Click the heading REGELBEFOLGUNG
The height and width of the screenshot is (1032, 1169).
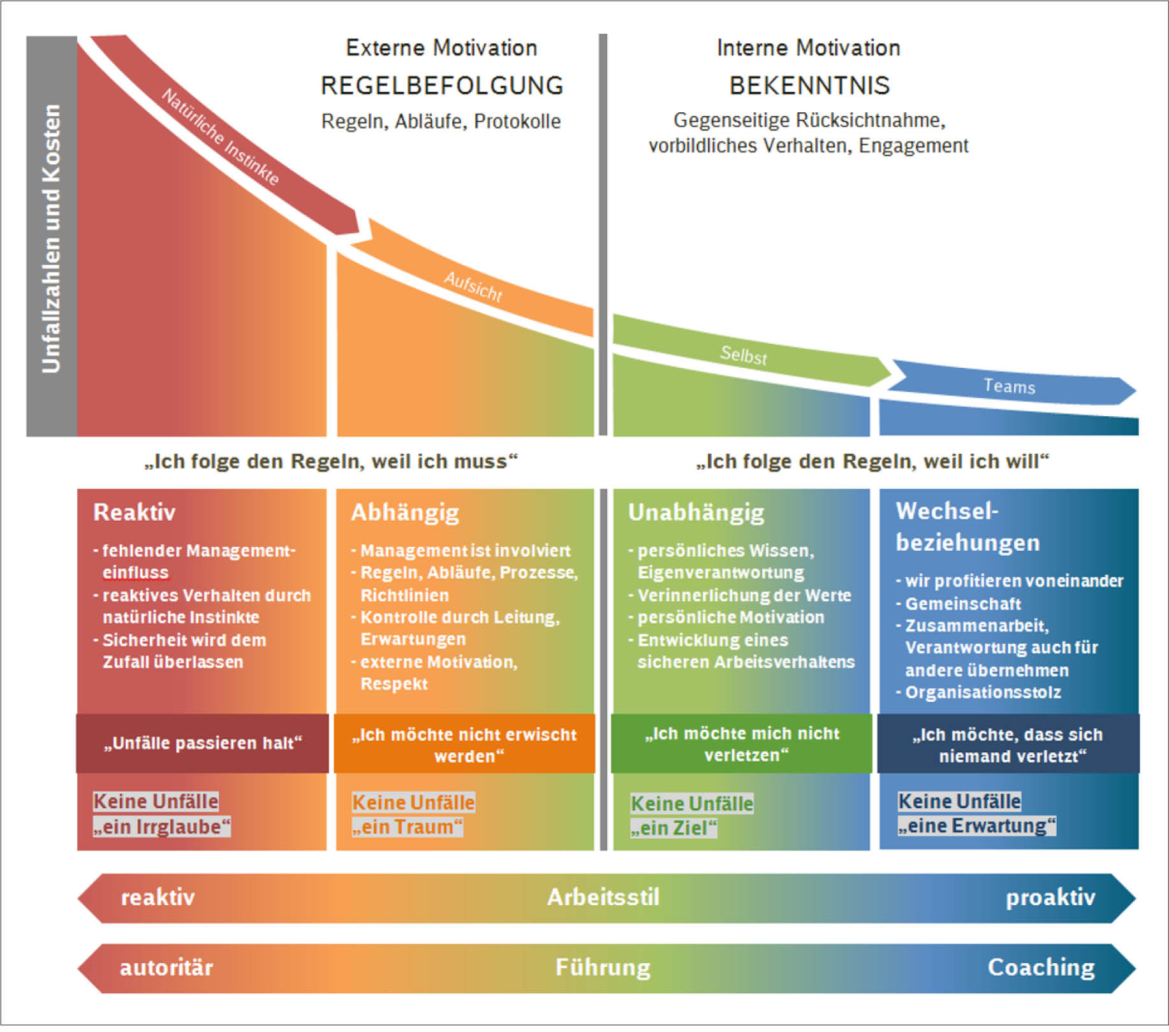[442, 85]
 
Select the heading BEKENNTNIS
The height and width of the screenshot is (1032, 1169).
[809, 85]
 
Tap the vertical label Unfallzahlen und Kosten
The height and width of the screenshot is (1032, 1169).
[51, 238]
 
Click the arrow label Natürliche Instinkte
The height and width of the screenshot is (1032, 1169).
[221, 137]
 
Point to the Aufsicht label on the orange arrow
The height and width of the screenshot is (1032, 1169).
[473, 286]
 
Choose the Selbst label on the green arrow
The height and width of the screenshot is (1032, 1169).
[743, 354]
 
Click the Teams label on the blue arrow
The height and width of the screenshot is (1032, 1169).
[1009, 386]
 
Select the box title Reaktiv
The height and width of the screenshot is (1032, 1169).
[135, 512]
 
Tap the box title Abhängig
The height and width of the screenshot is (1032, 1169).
[405, 512]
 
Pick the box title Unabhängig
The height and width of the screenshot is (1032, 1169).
[696, 512]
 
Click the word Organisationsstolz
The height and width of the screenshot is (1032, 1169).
[983, 692]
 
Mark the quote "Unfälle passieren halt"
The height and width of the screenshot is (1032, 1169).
[203, 743]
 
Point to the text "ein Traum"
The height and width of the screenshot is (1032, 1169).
[407, 827]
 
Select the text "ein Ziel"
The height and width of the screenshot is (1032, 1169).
[673, 828]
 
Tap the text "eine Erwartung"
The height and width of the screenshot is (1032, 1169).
[976, 826]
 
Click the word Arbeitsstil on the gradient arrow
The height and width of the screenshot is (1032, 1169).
[603, 898]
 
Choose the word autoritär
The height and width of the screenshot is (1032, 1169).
[166, 968]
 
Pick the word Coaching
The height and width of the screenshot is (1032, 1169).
[1041, 968]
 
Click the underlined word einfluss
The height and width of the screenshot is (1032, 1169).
[136, 572]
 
